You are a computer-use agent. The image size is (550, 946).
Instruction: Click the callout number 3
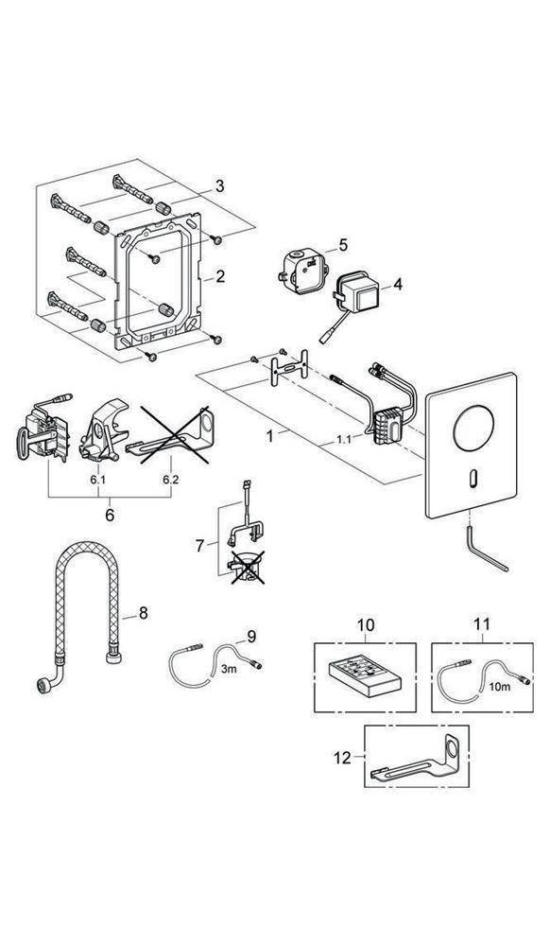[x=220, y=186]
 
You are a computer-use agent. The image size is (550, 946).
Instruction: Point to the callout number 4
[x=397, y=283]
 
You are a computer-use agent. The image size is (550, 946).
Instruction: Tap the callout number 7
[x=198, y=545]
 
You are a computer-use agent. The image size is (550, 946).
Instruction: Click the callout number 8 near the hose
[x=143, y=614]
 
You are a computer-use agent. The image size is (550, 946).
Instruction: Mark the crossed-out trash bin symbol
[x=246, y=568]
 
